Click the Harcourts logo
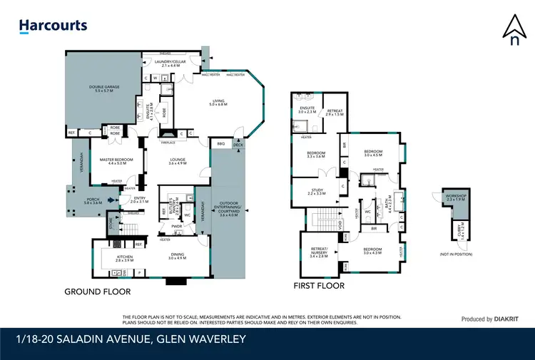pos(53,26)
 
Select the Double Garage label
pos(100,90)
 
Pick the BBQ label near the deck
pos(220,143)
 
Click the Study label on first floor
pos(317,191)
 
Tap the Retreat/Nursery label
pos(318,254)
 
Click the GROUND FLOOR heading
pos(97,292)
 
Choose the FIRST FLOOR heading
pos(319,286)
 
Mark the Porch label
pos(93,202)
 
